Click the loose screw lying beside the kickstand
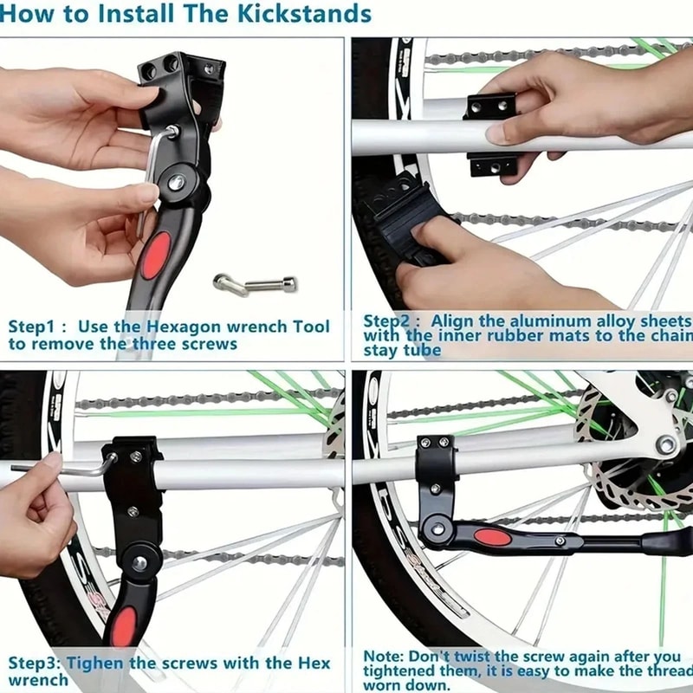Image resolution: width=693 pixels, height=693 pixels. [256, 283]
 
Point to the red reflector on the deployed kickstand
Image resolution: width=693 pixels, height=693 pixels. [493, 537]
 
